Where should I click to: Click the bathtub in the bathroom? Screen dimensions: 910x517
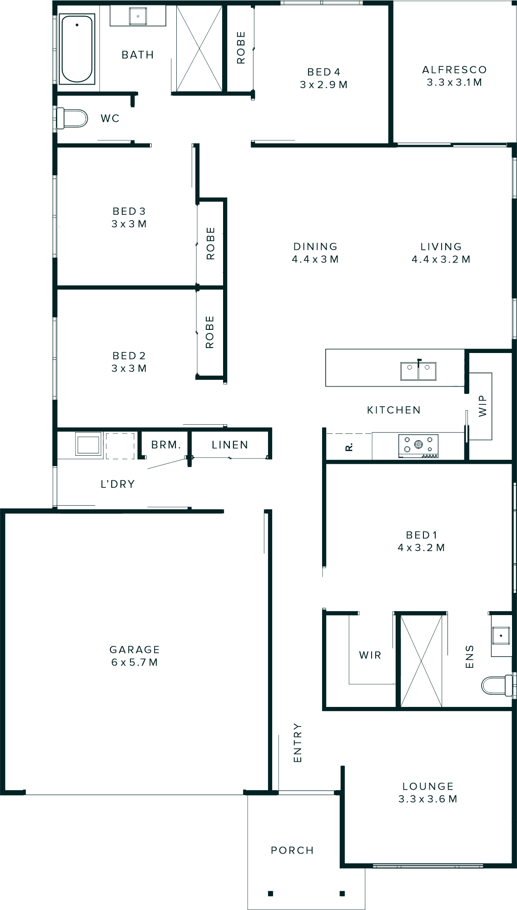click(x=77, y=49)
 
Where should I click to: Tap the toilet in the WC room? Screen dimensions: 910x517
click(x=73, y=118)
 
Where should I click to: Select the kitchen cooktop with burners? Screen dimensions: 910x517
click(x=418, y=446)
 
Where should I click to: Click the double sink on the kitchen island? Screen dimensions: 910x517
click(x=418, y=371)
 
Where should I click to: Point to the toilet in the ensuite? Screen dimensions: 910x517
click(x=497, y=685)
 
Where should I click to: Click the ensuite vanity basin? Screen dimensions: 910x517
click(x=501, y=635)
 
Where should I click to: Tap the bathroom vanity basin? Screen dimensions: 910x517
click(x=138, y=16)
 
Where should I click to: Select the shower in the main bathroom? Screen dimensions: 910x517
click(x=199, y=49)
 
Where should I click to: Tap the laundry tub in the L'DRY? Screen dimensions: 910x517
click(x=89, y=445)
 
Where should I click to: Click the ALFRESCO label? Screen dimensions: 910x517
click(x=454, y=70)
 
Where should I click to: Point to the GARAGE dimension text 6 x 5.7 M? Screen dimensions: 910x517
click(x=134, y=662)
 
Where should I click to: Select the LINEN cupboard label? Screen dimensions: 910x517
click(x=230, y=445)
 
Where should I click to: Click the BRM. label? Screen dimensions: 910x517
click(x=166, y=445)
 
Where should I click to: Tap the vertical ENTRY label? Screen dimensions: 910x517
click(x=298, y=742)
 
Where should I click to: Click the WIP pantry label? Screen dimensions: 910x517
click(x=482, y=405)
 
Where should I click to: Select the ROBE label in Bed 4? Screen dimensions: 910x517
click(x=241, y=47)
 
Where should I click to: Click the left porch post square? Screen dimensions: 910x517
click(x=271, y=893)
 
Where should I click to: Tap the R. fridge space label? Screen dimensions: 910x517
click(x=349, y=448)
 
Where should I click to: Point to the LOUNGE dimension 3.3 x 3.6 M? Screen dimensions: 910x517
click(x=428, y=799)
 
